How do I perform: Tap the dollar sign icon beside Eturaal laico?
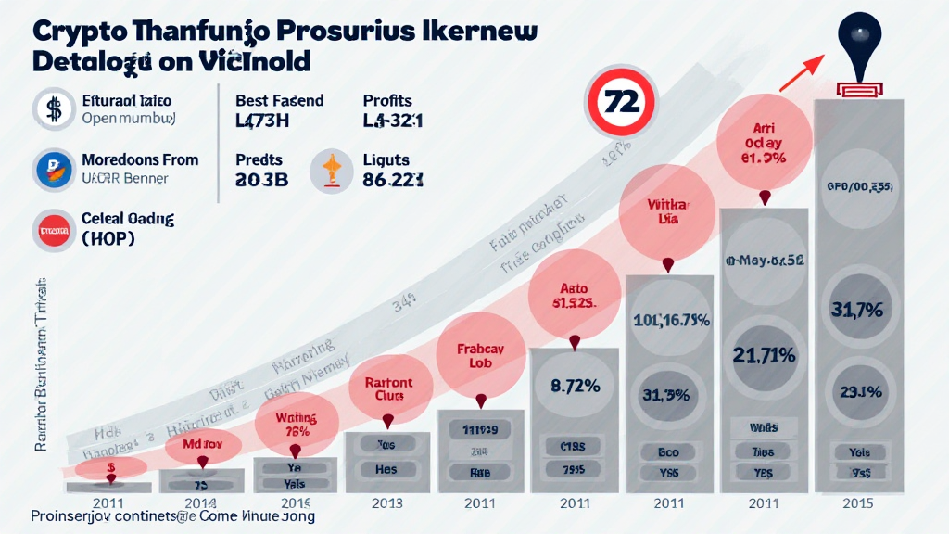[x=53, y=108]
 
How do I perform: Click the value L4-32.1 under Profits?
[x=393, y=120]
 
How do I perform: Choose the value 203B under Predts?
[x=262, y=180]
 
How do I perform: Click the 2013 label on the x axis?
[x=386, y=503]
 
